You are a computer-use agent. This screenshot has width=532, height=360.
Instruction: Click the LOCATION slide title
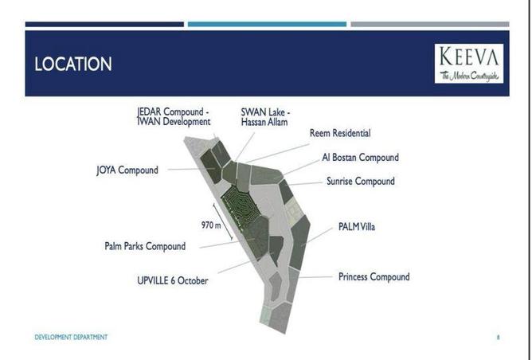(x=73, y=64)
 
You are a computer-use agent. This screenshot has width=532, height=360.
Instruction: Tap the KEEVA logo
(x=469, y=64)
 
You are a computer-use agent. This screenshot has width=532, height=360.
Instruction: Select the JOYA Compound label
(x=127, y=170)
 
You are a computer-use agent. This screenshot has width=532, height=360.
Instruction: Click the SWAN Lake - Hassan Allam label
(x=265, y=117)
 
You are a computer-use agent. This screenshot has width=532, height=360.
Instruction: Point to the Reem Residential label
(x=340, y=133)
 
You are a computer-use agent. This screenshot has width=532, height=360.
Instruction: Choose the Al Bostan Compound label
(x=360, y=158)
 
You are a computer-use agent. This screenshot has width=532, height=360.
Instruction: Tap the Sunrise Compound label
(x=360, y=181)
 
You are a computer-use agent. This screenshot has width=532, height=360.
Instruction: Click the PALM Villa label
(x=357, y=227)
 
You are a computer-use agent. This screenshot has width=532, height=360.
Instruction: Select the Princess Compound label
(x=374, y=277)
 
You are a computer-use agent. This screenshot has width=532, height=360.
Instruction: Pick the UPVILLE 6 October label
(x=173, y=280)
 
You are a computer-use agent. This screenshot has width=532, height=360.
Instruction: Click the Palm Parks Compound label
(x=145, y=246)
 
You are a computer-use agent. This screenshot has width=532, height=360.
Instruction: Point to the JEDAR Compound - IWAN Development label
(x=174, y=117)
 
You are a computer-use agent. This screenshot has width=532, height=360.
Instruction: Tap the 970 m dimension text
(x=211, y=225)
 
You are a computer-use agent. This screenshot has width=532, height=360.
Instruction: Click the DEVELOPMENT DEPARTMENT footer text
(x=71, y=337)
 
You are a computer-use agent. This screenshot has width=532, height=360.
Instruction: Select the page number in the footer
(x=498, y=337)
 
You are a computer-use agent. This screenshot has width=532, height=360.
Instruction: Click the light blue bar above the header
(x=267, y=24)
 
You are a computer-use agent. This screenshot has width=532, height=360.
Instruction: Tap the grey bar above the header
(x=430, y=24)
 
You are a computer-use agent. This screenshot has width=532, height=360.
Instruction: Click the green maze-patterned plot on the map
(x=241, y=205)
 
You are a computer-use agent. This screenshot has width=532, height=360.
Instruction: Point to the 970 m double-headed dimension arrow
(x=222, y=221)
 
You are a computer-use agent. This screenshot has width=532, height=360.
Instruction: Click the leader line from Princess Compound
(x=315, y=277)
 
